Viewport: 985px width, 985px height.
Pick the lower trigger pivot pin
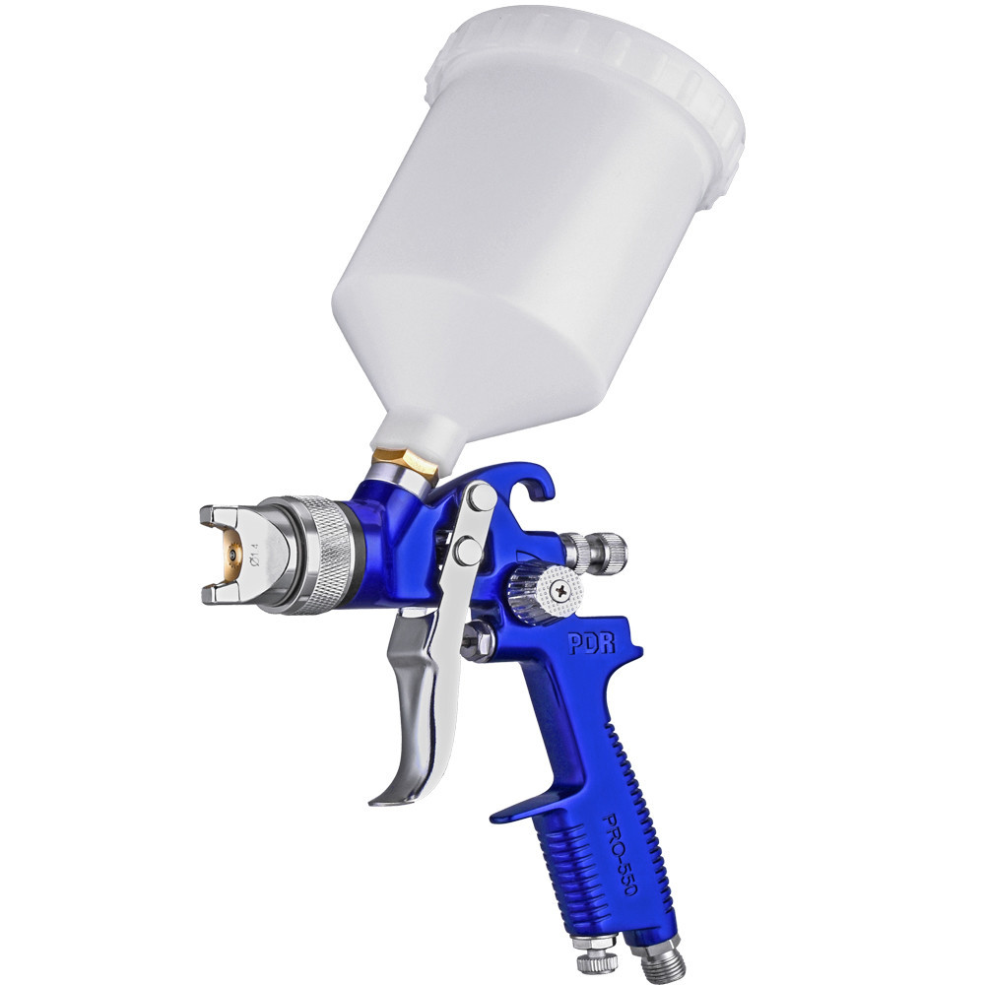[x=467, y=551]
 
